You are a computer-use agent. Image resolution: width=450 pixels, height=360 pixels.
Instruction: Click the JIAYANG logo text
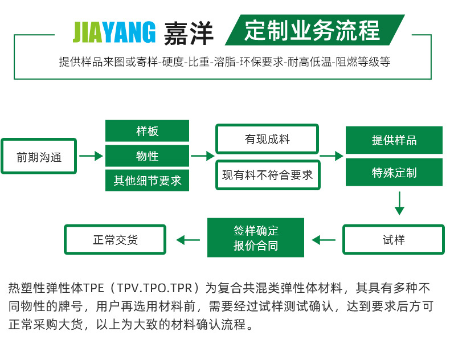pos(114,33)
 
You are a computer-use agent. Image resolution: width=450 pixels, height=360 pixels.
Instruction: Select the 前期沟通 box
pos(39,156)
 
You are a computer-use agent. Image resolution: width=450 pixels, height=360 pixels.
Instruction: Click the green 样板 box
pos(147,131)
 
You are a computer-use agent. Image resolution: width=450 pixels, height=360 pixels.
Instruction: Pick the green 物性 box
pos(147,156)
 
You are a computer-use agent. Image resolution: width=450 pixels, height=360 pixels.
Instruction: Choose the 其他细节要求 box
pos(147,181)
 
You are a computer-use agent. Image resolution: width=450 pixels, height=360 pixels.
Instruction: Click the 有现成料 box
pos(267,139)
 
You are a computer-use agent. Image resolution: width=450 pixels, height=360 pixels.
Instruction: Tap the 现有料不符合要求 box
pos(267,175)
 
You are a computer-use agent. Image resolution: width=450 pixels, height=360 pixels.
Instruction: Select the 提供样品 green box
pos(394,140)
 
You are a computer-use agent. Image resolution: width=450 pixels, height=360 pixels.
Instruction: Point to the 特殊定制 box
pos(394,172)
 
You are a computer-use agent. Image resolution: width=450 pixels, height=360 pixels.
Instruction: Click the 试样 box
pos(393,240)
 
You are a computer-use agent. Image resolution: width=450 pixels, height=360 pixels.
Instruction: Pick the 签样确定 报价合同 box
pos(256,239)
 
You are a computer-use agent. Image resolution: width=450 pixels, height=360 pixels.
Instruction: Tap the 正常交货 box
pos(115,240)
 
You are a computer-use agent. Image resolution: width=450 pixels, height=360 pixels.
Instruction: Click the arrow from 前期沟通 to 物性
pos(90,156)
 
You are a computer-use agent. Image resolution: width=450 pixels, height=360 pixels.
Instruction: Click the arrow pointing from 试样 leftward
pos(324,240)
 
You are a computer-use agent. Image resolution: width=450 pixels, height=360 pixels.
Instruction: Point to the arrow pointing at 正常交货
pos(189,240)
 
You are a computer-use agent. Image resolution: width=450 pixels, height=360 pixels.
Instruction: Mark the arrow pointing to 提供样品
pos(332,156)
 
